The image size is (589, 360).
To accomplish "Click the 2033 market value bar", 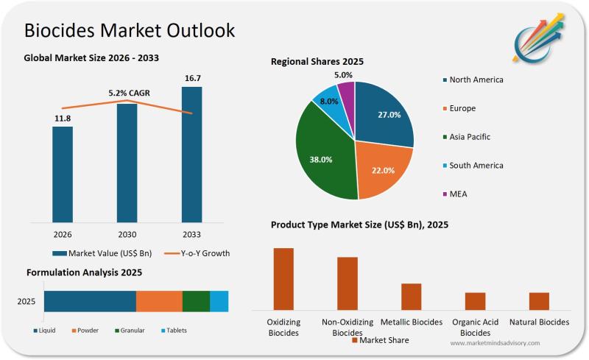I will point(191,154).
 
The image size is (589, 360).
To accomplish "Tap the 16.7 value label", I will point(191,77).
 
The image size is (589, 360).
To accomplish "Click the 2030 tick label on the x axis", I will point(127,233).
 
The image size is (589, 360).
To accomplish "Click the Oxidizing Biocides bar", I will point(283,279).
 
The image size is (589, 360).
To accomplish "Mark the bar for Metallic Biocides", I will point(412,297).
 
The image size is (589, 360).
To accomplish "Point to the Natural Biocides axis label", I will point(539,322).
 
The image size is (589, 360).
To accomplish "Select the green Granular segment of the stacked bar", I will point(196,301).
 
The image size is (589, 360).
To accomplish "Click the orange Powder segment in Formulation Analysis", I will point(159,301).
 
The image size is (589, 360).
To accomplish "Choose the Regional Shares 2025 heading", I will point(317,62).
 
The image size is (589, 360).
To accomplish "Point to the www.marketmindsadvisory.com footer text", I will point(495,343).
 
